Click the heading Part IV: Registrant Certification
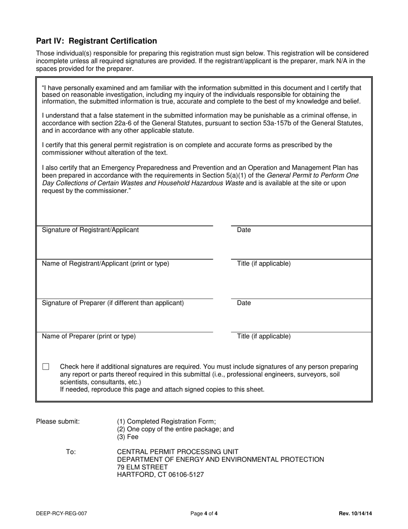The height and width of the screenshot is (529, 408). (96, 41)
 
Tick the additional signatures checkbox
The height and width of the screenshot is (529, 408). (46, 367)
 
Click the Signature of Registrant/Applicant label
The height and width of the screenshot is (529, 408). (90, 230)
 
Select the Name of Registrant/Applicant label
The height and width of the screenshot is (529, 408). (105, 264)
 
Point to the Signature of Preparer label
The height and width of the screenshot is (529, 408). (113, 303)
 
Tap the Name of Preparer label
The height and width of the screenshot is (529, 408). (88, 336)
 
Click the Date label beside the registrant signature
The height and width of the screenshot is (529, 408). (244, 230)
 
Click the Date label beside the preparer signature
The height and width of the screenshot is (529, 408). (244, 303)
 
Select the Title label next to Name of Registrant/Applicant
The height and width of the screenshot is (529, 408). (263, 264)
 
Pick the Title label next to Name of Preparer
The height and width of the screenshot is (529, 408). (263, 336)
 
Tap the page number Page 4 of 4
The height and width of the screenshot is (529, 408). (204, 513)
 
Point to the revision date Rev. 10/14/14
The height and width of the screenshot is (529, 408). (355, 513)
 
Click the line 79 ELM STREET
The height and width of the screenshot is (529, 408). (142, 467)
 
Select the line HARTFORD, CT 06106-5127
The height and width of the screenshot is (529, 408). (160, 475)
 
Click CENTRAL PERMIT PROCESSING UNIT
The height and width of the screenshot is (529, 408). (177, 452)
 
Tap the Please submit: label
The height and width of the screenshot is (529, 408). (58, 421)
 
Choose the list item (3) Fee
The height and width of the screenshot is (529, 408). (128, 437)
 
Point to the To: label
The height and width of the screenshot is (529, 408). (71, 452)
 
